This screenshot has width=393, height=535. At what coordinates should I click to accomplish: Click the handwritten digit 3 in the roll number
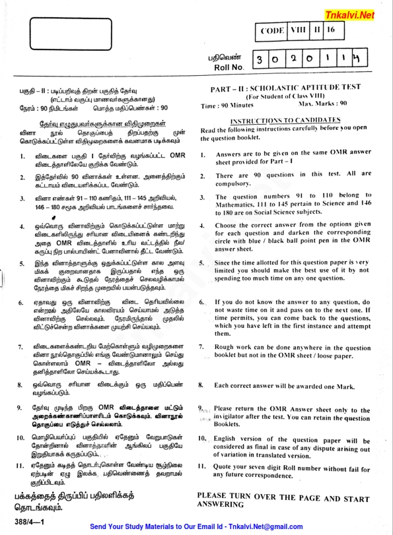(x=262, y=60)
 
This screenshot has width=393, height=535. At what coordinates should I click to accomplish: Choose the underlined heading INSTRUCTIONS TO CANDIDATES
(x=285, y=121)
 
